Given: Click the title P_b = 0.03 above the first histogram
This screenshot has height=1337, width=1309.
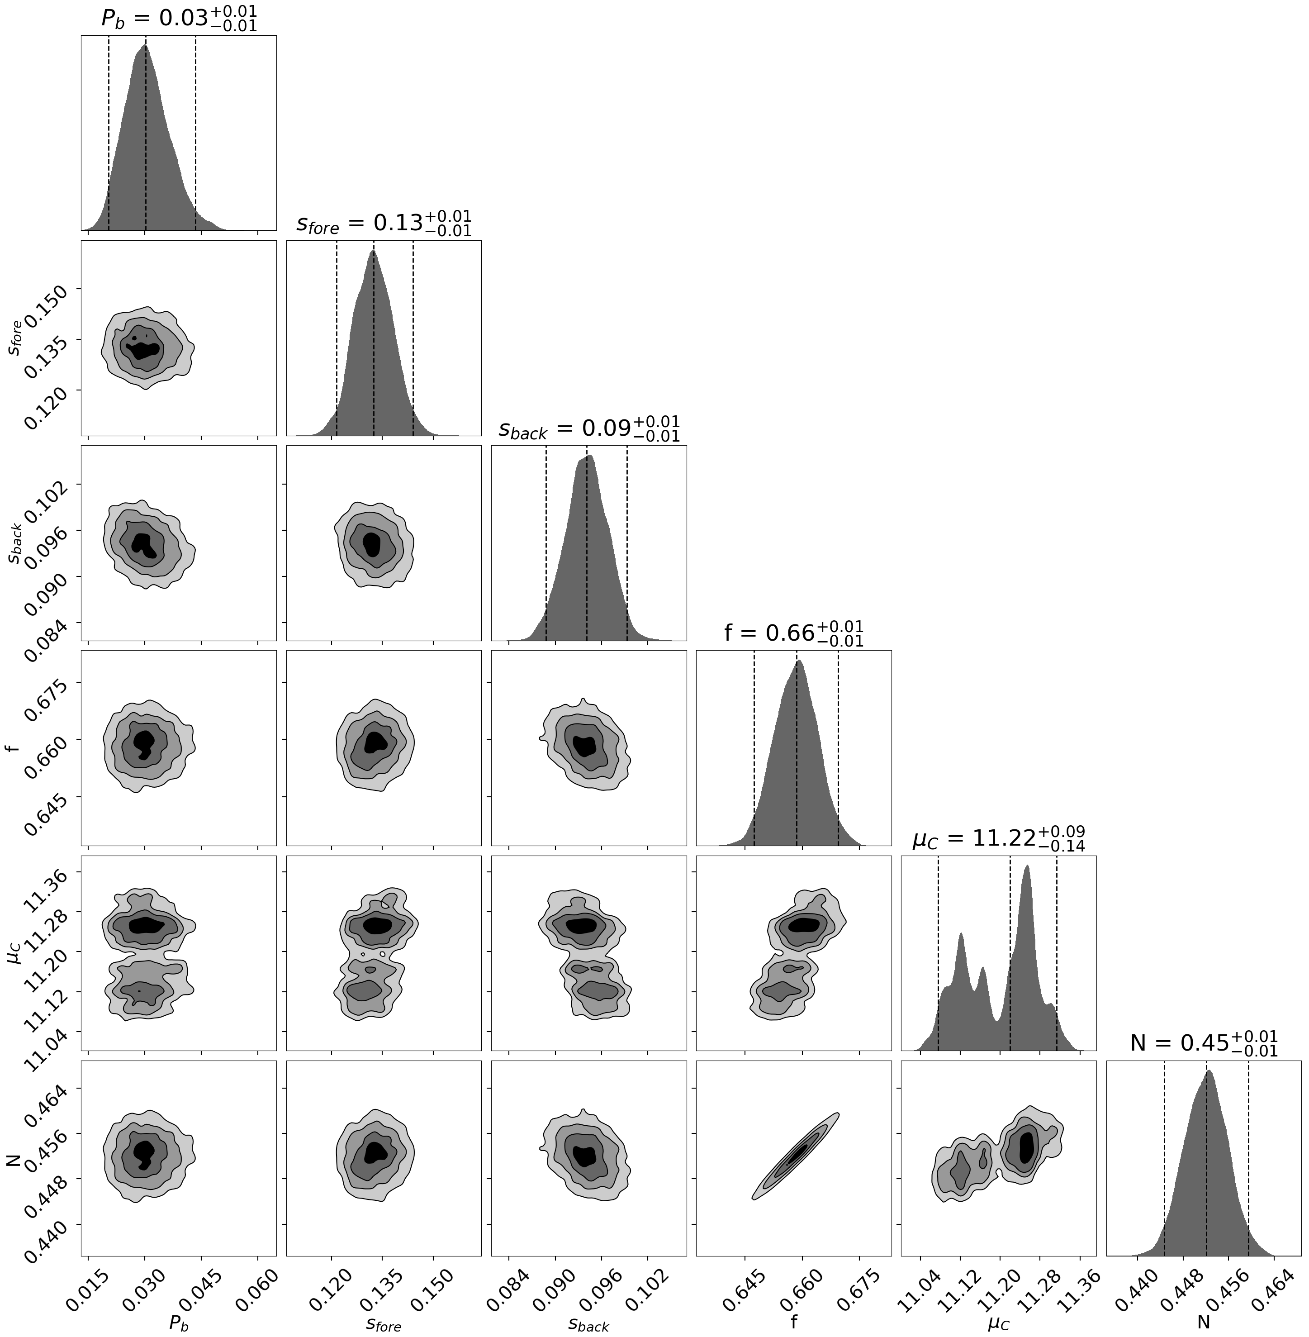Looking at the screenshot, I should tap(179, 19).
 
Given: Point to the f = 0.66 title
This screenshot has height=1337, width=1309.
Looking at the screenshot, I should tap(793, 632).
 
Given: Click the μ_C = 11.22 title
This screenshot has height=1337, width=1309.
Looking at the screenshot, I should tap(998, 838).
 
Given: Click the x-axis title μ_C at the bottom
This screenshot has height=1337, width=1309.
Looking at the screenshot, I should tap(998, 1324).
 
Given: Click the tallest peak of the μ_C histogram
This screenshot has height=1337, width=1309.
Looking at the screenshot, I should tap(1026, 868).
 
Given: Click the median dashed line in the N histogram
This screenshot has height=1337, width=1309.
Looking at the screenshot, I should tap(1207, 1183).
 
